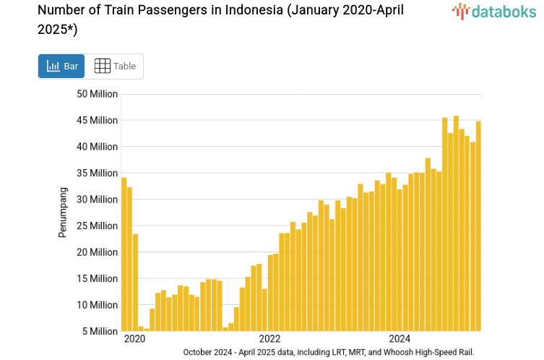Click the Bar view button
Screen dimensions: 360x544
pos(61,67)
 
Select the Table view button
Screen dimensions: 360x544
pos(115,67)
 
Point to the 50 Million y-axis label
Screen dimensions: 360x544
pos(97,94)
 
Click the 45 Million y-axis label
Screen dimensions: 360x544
pos(97,120)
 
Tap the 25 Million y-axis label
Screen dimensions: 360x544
pos(97,226)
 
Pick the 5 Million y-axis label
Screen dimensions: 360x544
pos(100,331)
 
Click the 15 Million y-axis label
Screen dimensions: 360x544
pos(97,278)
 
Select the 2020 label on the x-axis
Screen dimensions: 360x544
pos(134,338)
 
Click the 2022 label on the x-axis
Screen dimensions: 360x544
pos(269,338)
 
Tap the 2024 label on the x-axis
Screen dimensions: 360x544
pos(400,338)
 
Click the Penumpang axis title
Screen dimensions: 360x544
pos(63,212)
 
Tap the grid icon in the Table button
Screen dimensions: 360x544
pos(103,67)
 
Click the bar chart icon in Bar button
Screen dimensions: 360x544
pos(53,67)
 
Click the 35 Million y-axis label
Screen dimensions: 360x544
pos(97,173)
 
